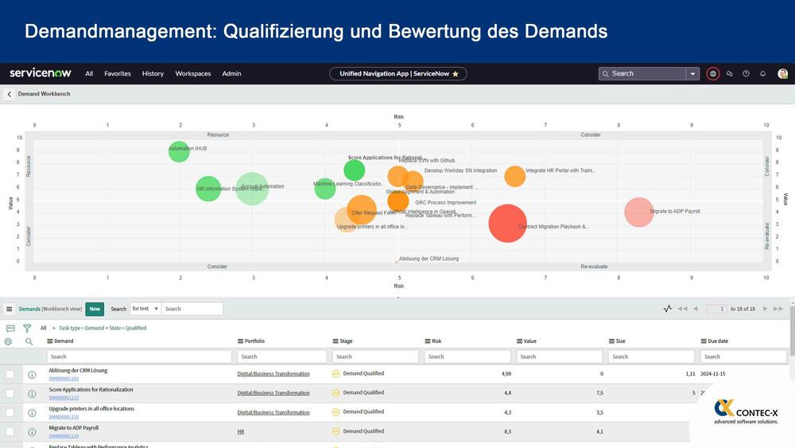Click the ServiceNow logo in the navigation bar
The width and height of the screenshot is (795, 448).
click(x=41, y=73)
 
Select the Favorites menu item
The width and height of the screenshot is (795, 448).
click(x=118, y=74)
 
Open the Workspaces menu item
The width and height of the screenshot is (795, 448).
click(x=193, y=74)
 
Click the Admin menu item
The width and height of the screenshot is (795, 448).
click(x=231, y=74)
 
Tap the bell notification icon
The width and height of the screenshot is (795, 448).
click(x=763, y=74)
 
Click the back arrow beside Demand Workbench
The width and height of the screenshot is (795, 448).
click(x=10, y=94)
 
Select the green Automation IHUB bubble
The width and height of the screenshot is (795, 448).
click(x=180, y=150)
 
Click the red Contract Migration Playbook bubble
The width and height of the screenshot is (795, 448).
click(x=508, y=223)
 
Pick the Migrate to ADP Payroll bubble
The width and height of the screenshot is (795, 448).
click(x=638, y=212)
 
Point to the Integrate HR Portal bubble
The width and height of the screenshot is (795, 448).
click(x=515, y=176)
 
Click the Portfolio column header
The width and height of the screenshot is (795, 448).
click(x=254, y=341)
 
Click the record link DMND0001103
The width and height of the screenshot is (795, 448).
click(x=64, y=379)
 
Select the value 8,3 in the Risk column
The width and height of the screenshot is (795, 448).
click(x=506, y=431)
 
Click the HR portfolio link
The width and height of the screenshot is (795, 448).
click(x=241, y=431)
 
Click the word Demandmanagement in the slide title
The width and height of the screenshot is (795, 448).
click(x=119, y=32)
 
